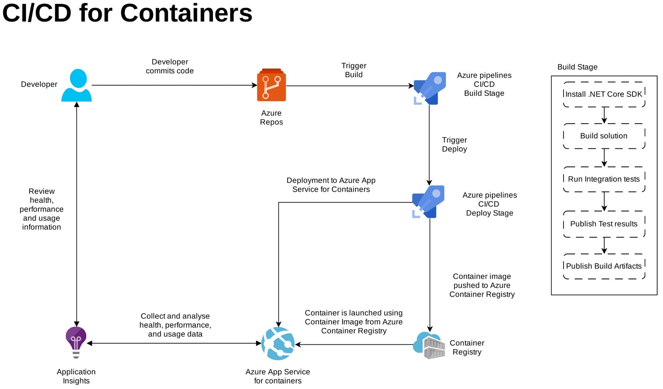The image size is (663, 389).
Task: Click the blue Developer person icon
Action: pos(77,86)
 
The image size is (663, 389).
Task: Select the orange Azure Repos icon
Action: pos(271,85)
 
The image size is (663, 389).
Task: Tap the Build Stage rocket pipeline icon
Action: pos(429,88)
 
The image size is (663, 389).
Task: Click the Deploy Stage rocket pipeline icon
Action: pos(428,202)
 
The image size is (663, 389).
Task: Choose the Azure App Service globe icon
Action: pos(278,344)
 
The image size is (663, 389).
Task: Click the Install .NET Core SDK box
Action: pos(604,94)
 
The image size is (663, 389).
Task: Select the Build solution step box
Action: pos(604,136)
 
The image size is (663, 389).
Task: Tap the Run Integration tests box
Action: pos(604,179)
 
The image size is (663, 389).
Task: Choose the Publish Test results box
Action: pos(604,224)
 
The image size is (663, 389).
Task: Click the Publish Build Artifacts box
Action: pos(604,266)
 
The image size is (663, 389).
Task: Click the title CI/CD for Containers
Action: pos(127,13)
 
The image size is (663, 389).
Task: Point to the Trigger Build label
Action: pos(354,70)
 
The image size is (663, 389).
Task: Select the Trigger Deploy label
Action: pos(454,144)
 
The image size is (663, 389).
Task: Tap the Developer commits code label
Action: pos(170,66)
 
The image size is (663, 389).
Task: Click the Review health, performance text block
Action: pos(42,209)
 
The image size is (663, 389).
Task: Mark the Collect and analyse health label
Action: pos(175,325)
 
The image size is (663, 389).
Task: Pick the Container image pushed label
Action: pos(482,285)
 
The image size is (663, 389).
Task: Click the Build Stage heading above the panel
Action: pos(577,67)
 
